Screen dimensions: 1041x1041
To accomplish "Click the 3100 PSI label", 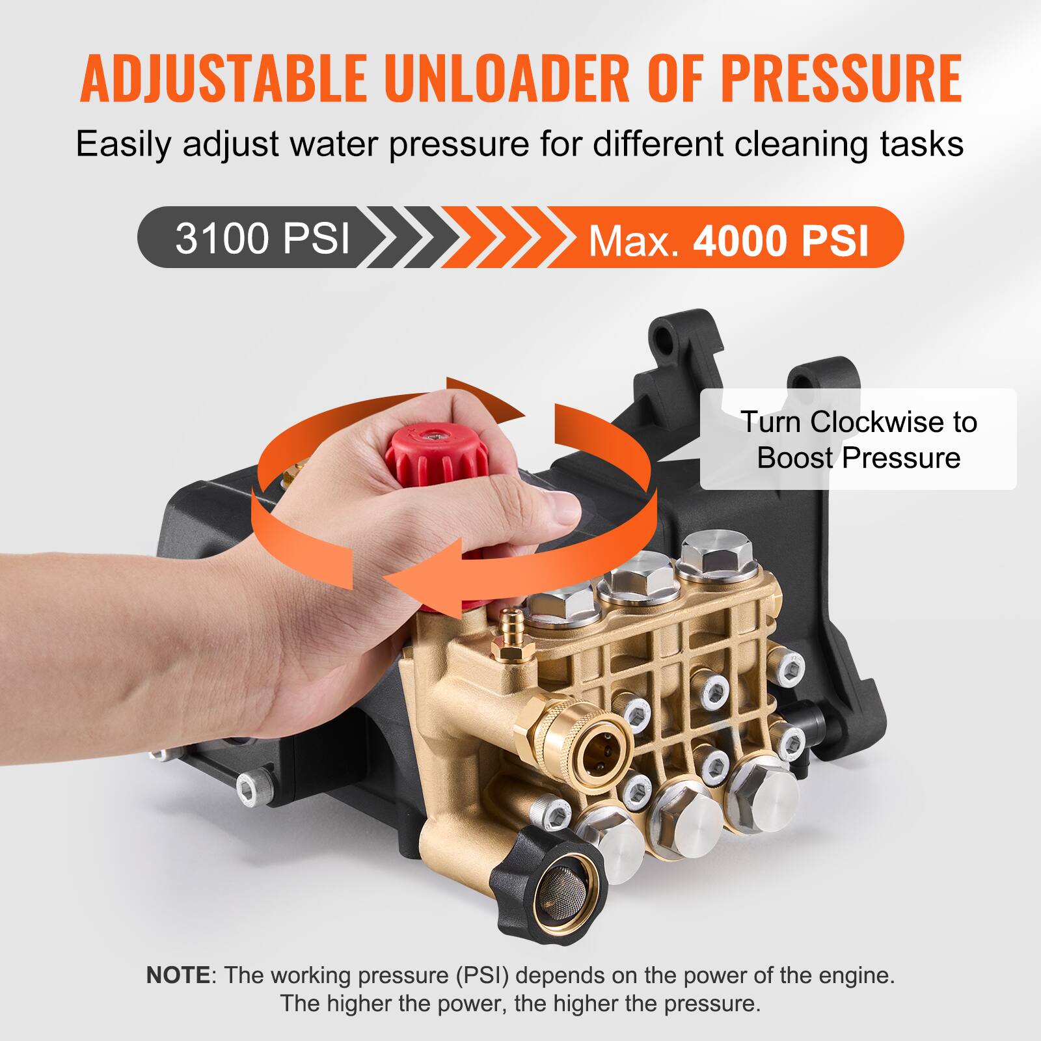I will tap(262, 238).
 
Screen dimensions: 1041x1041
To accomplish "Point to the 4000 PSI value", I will tap(781, 241).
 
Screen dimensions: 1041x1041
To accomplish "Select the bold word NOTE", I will tap(178, 975).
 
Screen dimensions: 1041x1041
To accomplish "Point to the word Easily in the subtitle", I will tap(124, 144).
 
